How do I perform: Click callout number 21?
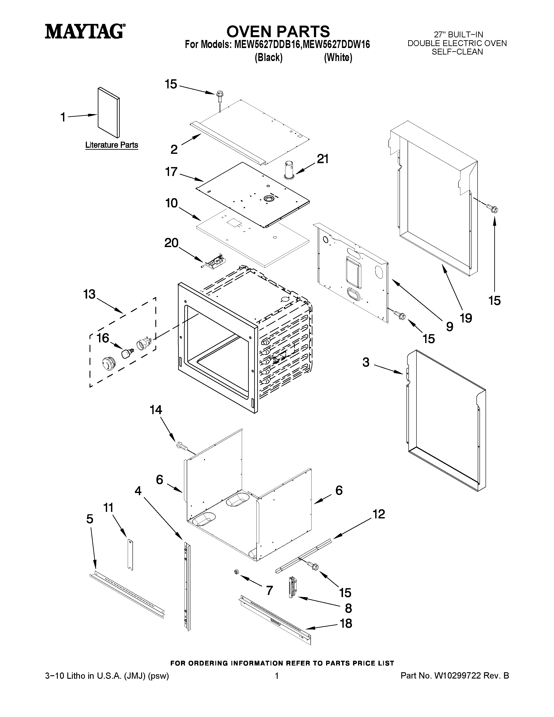[x=322, y=159]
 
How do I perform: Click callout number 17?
[x=171, y=171]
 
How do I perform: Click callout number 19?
[x=466, y=318]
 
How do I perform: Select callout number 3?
[x=366, y=362]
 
